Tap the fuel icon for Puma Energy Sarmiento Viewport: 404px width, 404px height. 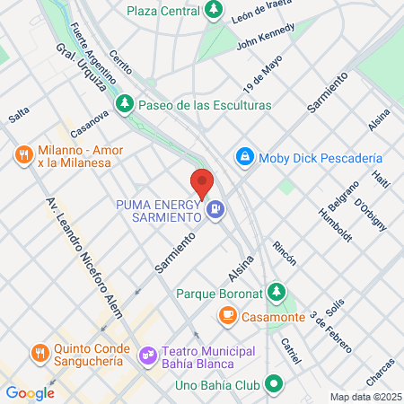(x=215, y=211)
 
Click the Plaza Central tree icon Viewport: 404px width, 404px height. (x=214, y=11)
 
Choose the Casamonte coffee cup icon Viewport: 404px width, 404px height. (x=227, y=315)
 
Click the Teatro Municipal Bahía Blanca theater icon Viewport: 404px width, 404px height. (x=146, y=356)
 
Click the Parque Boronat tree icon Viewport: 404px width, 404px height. (x=278, y=293)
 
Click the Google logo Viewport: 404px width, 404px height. (x=30, y=392)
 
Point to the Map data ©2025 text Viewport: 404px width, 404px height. (x=364, y=397)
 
